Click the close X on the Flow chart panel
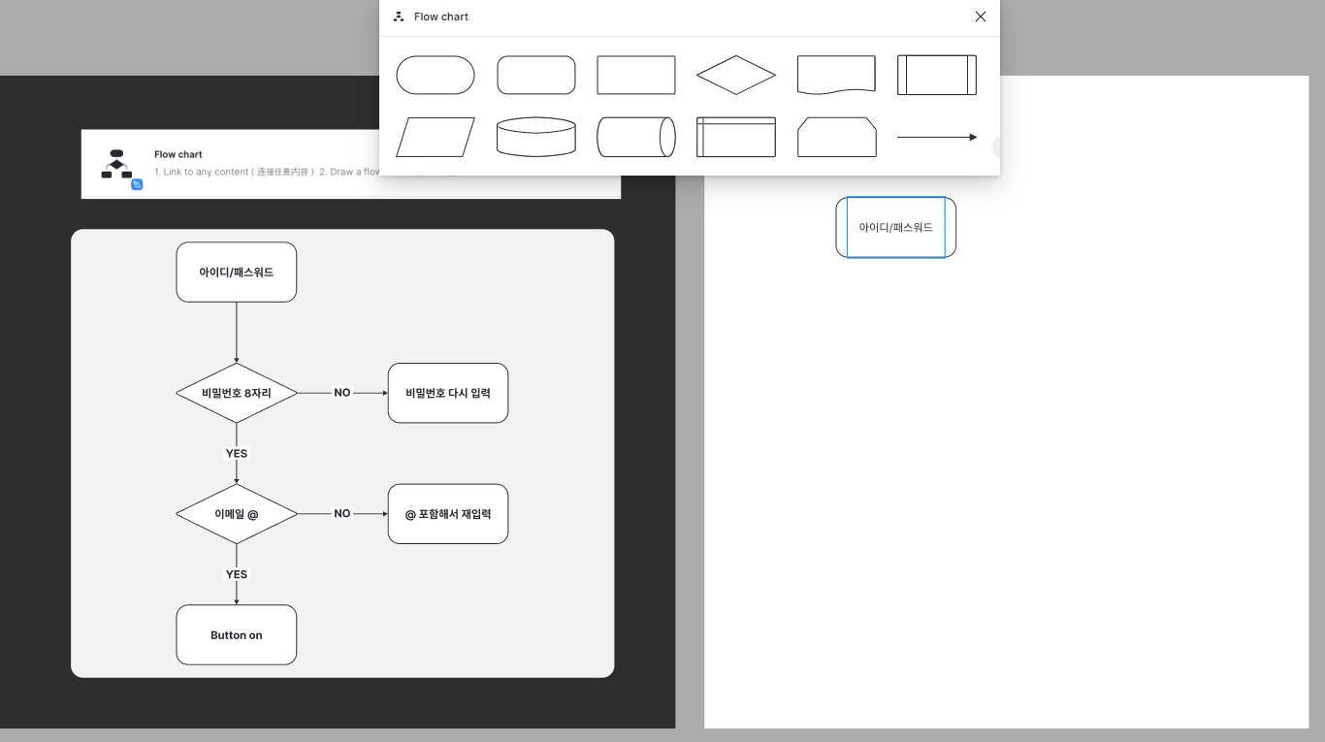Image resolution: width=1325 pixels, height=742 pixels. [980, 16]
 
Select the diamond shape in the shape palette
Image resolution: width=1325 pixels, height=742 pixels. [736, 75]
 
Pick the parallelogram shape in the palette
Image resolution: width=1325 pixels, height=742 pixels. [436, 137]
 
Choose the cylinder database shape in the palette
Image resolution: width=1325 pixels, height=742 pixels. [536, 137]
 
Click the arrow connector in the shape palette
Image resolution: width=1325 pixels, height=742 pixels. [937, 137]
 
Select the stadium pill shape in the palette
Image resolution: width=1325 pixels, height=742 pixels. [436, 75]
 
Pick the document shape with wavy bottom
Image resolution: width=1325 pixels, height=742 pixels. [836, 75]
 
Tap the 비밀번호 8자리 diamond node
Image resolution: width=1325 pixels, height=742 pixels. [237, 393]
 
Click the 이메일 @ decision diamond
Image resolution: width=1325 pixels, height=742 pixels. [237, 514]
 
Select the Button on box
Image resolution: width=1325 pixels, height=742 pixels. [237, 635]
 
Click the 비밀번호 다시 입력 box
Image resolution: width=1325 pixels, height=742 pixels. [448, 393]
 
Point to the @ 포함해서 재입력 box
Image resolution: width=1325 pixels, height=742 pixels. [448, 514]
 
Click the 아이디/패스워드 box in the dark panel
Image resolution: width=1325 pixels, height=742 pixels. [237, 273]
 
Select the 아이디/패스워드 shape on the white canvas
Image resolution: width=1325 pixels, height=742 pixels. [896, 228]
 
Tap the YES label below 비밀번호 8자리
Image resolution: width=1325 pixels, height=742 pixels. [237, 454]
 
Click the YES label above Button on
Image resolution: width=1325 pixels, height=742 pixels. [237, 574]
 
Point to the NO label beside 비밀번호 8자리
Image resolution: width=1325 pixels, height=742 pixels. [342, 393]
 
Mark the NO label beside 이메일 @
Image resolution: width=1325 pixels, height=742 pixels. [342, 514]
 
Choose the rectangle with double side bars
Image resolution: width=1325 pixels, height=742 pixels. [937, 75]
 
